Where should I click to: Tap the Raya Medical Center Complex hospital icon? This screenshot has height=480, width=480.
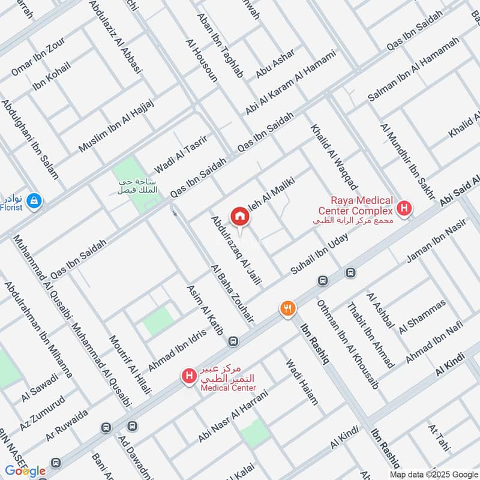[x=406, y=209]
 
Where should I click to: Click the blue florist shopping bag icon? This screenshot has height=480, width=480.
[x=34, y=199]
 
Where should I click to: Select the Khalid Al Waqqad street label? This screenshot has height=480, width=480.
[x=334, y=157]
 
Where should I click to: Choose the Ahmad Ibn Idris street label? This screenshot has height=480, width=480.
[x=177, y=349]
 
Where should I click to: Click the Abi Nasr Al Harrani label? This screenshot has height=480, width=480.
[x=230, y=413]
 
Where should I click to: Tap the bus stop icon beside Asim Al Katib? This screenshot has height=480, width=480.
[x=233, y=341]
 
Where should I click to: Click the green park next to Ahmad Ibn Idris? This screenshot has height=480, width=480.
[x=158, y=321]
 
